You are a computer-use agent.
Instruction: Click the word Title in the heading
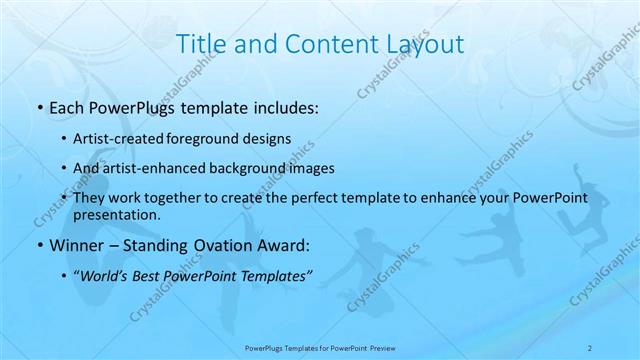pos(200,44)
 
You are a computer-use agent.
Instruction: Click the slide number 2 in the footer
pos(590,348)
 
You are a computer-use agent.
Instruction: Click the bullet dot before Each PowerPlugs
pos(39,108)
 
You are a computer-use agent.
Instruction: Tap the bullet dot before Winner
pos(39,246)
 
